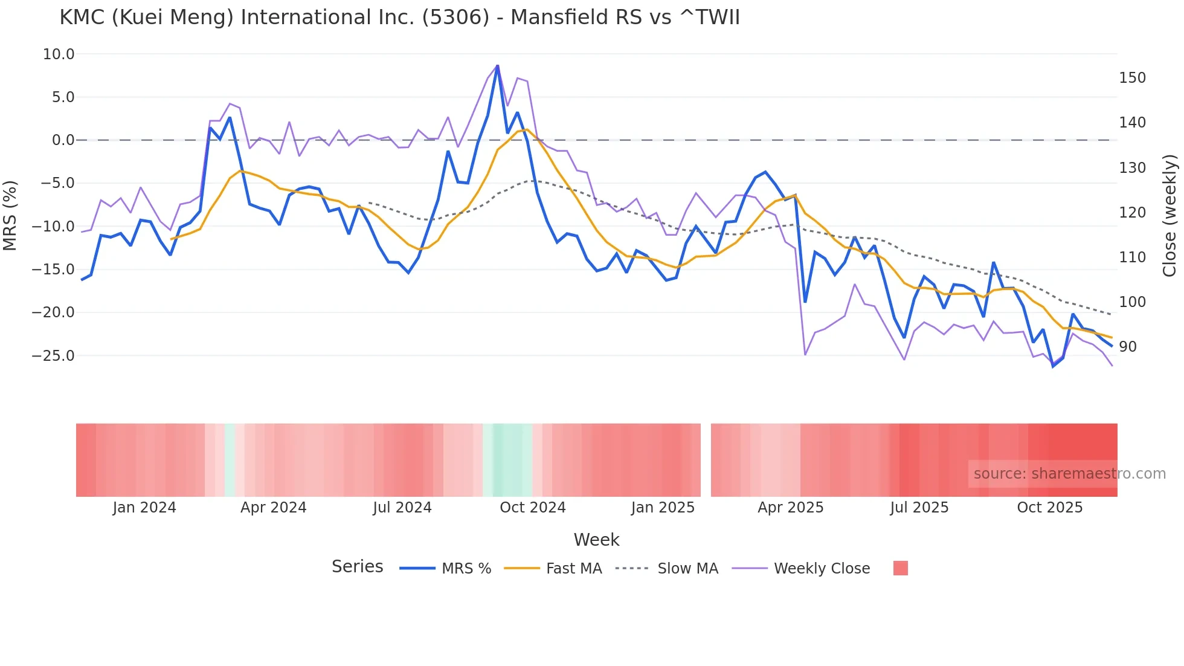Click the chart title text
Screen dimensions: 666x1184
[399, 18]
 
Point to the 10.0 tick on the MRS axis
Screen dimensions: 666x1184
[59, 54]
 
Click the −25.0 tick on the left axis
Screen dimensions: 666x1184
[53, 355]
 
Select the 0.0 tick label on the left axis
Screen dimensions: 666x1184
[63, 140]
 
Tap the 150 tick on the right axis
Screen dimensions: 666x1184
[1132, 78]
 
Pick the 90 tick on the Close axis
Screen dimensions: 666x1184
[1128, 347]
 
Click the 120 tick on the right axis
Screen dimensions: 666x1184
[1132, 213]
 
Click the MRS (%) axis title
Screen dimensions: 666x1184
[10, 215]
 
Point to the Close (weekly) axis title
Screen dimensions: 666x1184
[1170, 215]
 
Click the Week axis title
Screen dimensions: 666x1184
[596, 540]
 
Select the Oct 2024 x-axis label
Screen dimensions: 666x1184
[532, 508]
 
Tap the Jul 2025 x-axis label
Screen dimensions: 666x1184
[919, 508]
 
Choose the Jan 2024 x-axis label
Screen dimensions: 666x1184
[144, 508]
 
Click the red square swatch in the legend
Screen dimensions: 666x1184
[900, 568]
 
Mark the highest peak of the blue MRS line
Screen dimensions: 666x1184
[497, 66]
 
